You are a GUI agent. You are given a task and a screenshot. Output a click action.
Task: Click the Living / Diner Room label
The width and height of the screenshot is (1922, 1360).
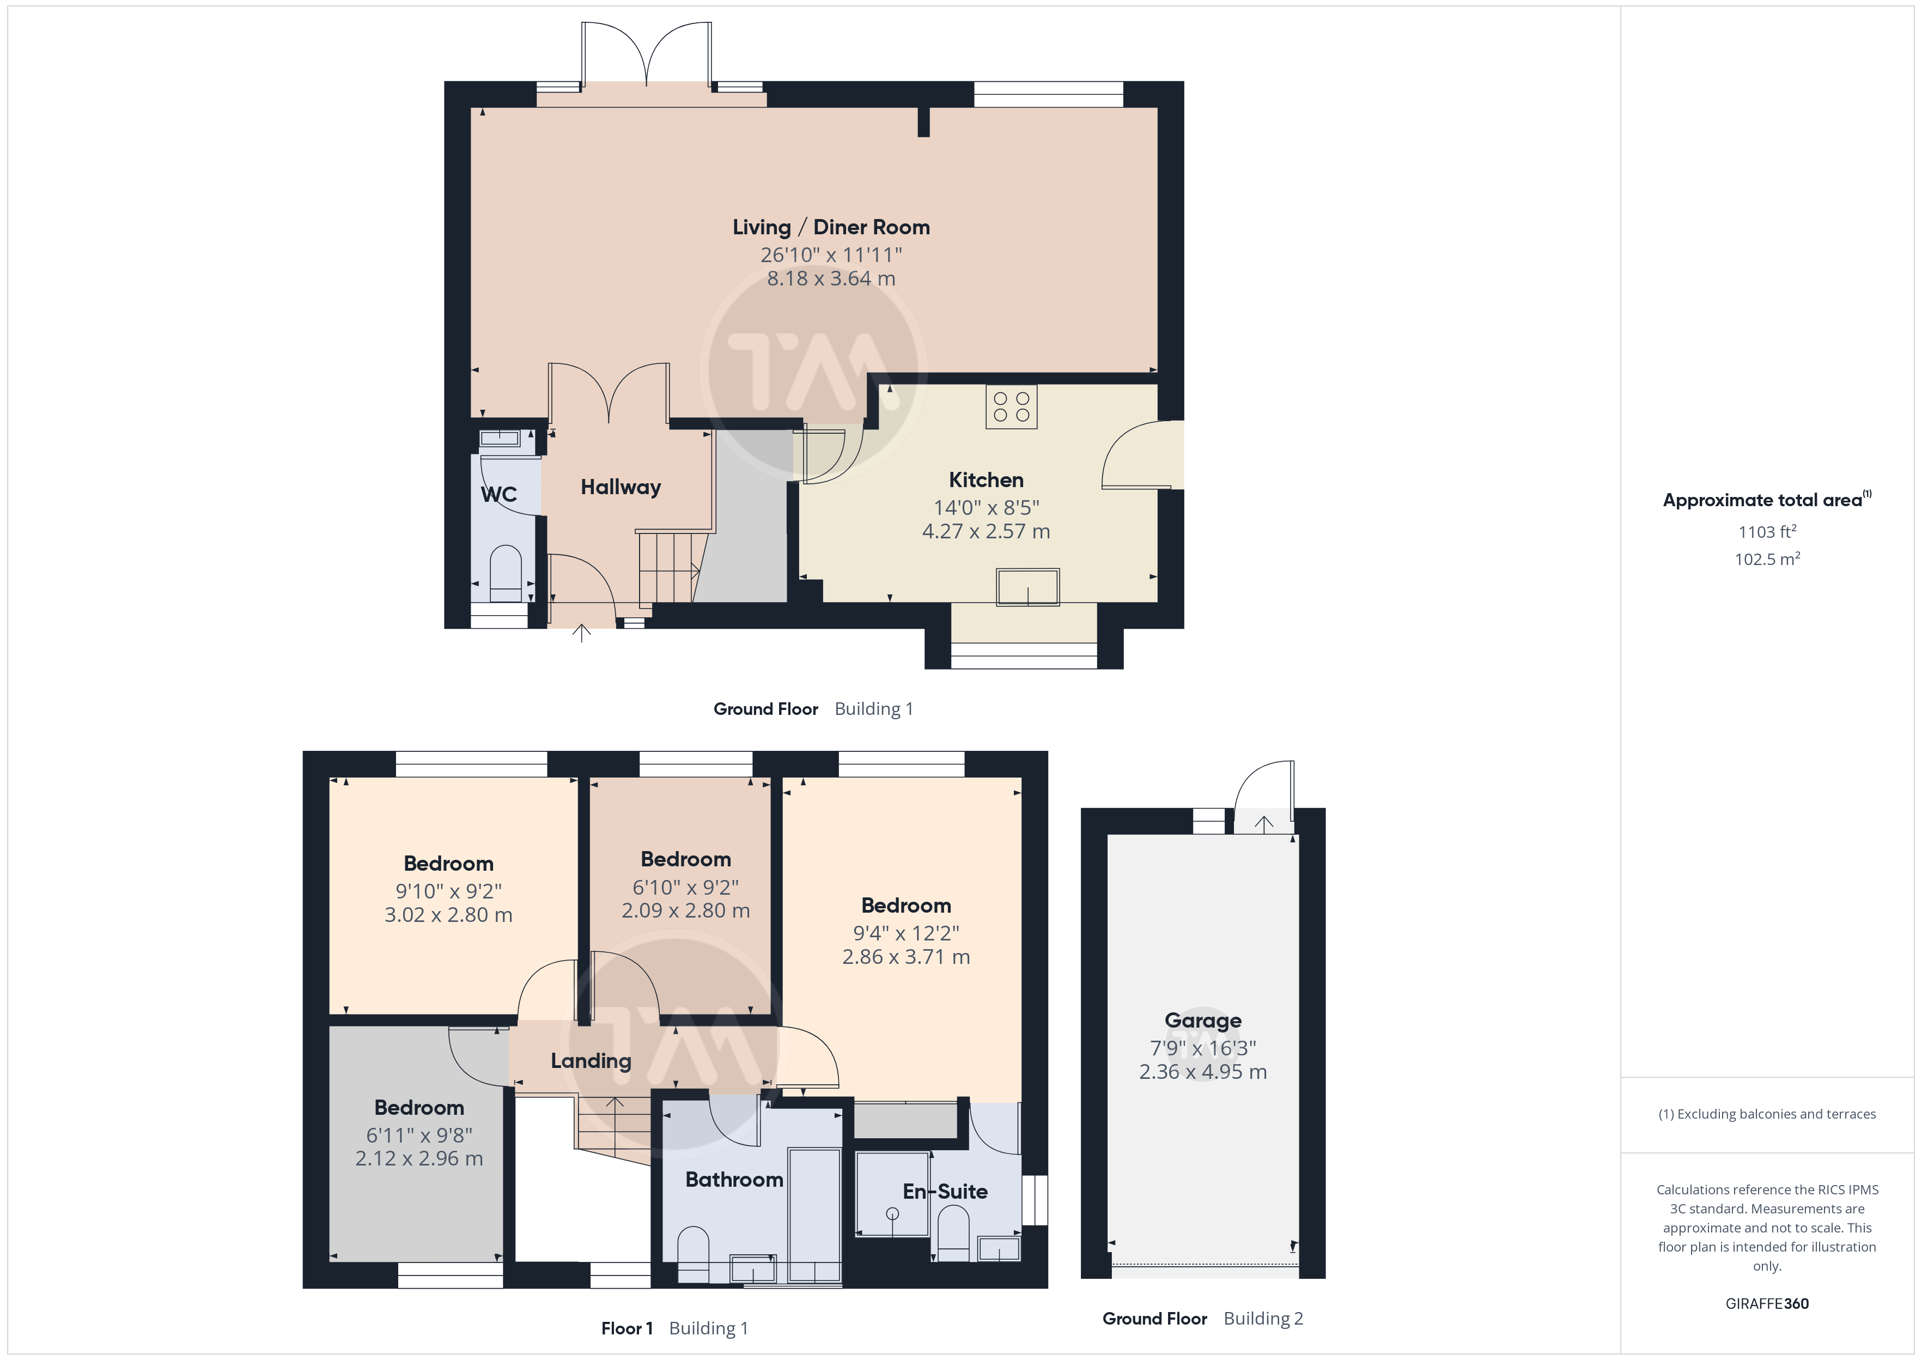point(830,227)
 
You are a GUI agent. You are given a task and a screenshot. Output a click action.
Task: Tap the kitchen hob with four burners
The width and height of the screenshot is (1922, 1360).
point(1011,406)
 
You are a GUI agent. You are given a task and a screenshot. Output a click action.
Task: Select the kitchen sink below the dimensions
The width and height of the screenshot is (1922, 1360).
point(1027,586)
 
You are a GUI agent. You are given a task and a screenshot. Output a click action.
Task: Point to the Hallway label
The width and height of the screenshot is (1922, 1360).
point(621,488)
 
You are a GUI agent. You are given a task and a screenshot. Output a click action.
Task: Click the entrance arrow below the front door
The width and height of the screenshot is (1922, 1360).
point(581,633)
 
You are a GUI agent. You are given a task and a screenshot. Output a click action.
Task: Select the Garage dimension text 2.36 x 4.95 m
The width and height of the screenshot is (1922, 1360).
point(1202,1071)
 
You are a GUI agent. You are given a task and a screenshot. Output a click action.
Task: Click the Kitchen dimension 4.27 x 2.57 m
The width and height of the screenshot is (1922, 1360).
point(986,531)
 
